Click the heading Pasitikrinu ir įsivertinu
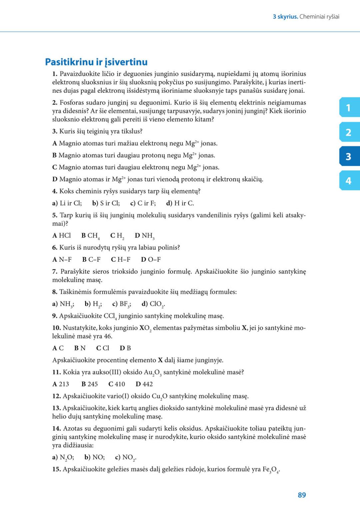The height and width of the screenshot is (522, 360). click(x=96, y=62)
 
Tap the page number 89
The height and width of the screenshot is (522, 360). click(x=302, y=495)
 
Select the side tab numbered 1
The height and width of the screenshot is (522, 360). click(x=349, y=108)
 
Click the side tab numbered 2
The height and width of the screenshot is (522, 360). click(x=349, y=132)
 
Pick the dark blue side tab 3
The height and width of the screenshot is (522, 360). click(x=349, y=156)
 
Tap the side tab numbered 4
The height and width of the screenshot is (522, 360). click(x=349, y=181)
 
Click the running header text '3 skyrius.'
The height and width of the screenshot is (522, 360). click(x=285, y=17)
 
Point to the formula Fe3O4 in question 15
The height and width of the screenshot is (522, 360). click(x=271, y=470)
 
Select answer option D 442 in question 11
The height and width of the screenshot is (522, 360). click(x=144, y=384)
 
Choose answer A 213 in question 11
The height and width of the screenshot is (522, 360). click(x=61, y=384)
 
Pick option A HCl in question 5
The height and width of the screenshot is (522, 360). click(x=62, y=236)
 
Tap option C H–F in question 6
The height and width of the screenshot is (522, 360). click(x=121, y=259)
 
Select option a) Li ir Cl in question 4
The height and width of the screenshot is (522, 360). click(x=67, y=203)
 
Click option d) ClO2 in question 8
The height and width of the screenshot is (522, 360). click(x=153, y=304)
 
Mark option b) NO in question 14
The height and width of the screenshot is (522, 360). click(x=94, y=457)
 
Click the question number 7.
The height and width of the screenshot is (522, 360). click(x=55, y=272)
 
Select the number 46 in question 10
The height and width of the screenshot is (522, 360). click(x=108, y=336)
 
